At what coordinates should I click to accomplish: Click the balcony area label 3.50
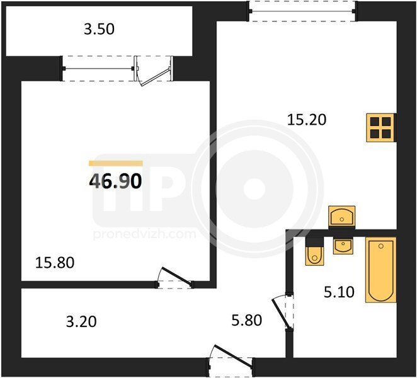99,29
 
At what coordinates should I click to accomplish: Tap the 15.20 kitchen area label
307,120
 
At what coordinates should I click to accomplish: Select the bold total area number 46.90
115,181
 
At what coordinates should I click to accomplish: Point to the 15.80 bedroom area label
55,263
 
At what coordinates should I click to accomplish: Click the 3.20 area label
81,321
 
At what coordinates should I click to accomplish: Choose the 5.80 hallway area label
247,320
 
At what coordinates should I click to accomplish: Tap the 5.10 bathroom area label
339,292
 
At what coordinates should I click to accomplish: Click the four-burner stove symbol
380,127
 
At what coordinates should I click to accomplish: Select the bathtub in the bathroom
381,270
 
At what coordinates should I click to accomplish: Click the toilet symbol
314,251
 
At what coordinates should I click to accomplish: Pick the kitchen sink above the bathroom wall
342,216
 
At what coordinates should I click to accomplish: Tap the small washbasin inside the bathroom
343,246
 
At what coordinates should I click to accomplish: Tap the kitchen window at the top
302,11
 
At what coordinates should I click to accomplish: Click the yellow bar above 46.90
116,163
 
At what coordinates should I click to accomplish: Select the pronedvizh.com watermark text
145,234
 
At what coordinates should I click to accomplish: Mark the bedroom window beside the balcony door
98,69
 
